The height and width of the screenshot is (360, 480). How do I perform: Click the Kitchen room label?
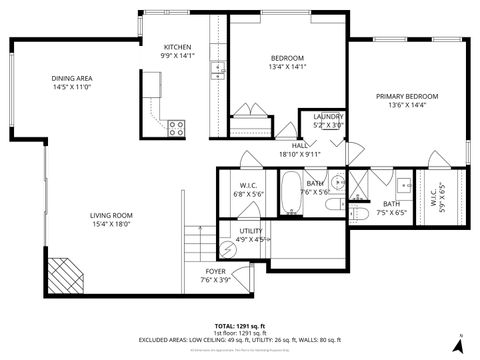coord(178,47)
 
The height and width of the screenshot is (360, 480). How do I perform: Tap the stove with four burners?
coord(176,127)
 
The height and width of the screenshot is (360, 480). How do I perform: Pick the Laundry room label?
coord(328,118)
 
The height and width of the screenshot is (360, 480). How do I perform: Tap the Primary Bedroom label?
coord(407,97)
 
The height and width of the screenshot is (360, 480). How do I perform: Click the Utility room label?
coord(250,231)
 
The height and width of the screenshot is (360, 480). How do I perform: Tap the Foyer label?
coord(215,271)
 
